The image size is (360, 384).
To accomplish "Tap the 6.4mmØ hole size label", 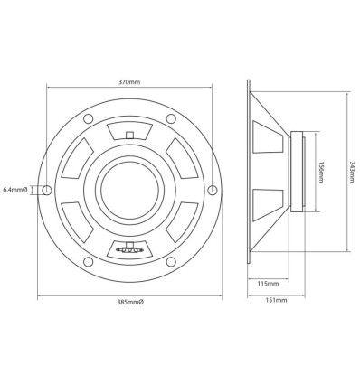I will (16, 189).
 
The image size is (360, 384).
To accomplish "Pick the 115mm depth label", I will (267, 283).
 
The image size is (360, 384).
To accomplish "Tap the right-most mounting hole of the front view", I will (212, 189).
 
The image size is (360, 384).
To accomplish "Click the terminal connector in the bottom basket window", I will (128, 245).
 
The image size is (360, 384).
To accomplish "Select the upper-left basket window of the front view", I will (80, 155).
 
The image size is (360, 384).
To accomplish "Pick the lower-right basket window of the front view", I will (177, 222).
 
